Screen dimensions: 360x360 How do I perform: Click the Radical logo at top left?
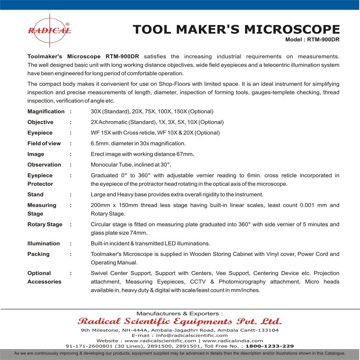[49, 31]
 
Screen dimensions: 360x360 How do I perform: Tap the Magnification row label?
[46, 112]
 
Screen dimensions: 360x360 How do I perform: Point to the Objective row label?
[40, 122]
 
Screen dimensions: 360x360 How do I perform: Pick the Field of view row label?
[44, 143]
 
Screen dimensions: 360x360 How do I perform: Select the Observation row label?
[44, 165]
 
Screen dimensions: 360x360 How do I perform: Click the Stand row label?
[35, 194]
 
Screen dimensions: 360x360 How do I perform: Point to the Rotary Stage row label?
[45, 224]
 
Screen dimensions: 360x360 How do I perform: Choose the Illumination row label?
[44, 243]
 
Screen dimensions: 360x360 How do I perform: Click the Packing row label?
[39, 254]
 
